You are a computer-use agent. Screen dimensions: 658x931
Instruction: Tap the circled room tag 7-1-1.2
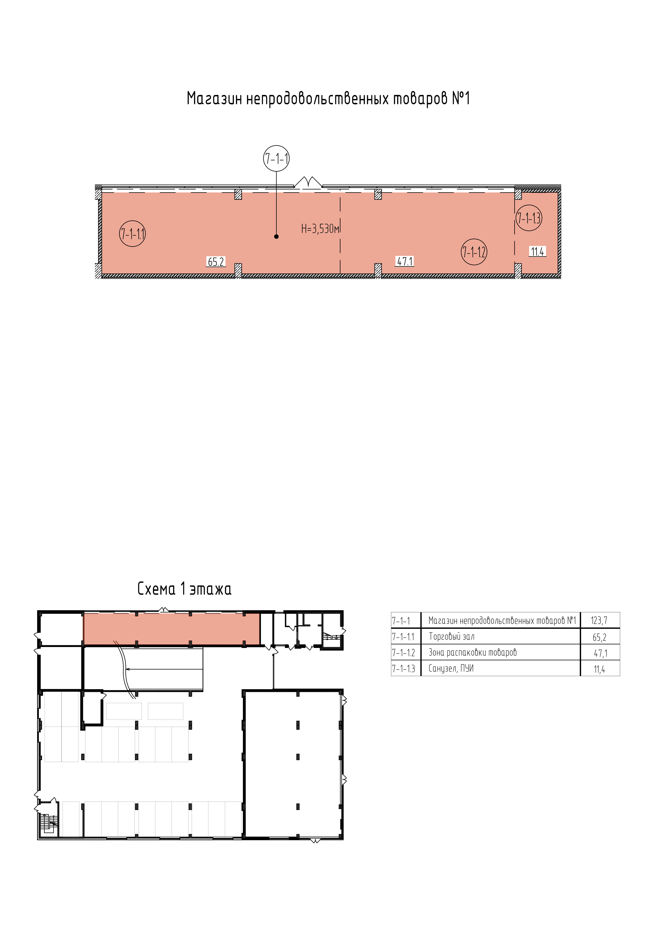tap(474, 252)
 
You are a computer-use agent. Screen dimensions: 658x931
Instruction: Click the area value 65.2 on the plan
tap(216, 262)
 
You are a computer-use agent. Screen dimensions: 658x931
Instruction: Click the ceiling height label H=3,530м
tap(320, 229)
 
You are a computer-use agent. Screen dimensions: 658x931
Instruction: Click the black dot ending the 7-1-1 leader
tap(276, 236)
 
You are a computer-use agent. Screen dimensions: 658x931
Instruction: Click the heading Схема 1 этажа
tap(184, 589)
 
